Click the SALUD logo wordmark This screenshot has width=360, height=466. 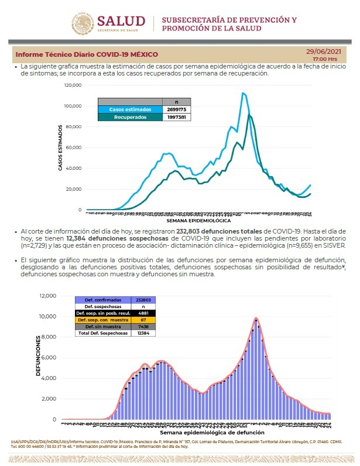121,22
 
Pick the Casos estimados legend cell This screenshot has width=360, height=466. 130,109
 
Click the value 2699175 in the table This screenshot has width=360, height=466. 177,109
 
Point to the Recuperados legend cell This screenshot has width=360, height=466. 130,117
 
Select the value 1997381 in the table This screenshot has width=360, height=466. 177,117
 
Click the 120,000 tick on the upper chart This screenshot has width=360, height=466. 73,85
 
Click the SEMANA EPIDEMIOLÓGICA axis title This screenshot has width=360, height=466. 198,221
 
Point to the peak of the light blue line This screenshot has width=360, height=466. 242,93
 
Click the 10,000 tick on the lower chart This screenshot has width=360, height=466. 47,317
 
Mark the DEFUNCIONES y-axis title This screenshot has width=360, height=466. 39,355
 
